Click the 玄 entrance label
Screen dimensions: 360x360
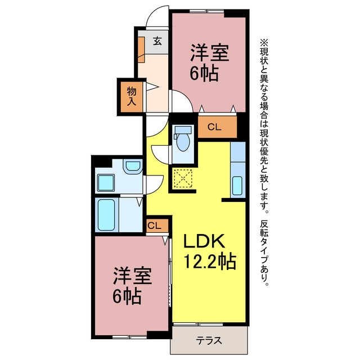coord(157,41)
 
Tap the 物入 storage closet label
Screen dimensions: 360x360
coord(132,96)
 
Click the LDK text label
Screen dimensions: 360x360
coord(204,241)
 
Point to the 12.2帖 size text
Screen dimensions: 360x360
coord(210,261)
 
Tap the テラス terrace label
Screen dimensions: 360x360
coord(209,340)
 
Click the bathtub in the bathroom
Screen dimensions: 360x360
coord(106,215)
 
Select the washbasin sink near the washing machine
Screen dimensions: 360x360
coord(133,166)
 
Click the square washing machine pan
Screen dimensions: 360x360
coord(106,183)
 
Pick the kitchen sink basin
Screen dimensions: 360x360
coord(237,186)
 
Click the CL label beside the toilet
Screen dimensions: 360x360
coord(214,127)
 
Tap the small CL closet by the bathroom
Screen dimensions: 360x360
coord(155,226)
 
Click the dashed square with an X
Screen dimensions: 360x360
coord(183,178)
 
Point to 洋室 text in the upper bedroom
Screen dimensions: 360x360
coord(210,53)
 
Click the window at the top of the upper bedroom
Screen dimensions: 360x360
coord(206,11)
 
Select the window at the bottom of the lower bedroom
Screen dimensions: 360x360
coord(129,337)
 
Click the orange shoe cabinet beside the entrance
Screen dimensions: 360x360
coord(141,49)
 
